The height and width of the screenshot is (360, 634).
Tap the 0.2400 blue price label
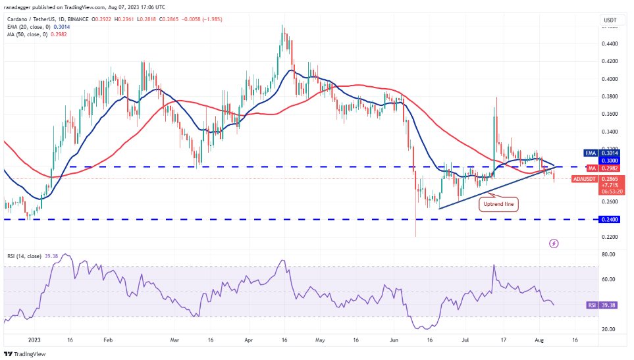coord(609,219)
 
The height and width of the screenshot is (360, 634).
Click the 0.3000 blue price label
coord(609,161)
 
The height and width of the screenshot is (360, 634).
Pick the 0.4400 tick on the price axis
coord(609,44)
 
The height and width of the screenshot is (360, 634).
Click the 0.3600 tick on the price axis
coord(609,114)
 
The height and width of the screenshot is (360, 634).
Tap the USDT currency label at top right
coord(609,20)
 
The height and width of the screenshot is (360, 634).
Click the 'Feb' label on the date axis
coord(108,340)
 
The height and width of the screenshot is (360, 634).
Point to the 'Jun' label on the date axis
coord(394,340)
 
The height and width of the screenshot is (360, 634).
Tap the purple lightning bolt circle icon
coord(554,243)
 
